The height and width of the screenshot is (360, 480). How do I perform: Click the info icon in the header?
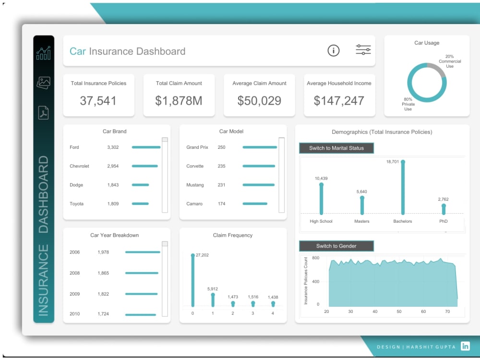click(x=334, y=50)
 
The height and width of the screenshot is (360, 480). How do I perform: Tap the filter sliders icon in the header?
click(x=363, y=50)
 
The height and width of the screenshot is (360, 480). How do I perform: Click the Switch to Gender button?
click(x=336, y=246)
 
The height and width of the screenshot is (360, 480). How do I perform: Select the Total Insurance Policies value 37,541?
click(x=98, y=101)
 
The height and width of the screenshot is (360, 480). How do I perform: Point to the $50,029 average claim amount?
click(x=259, y=101)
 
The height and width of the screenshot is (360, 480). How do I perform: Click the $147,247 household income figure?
click(x=339, y=101)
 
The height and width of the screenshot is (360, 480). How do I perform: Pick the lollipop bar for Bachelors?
click(x=403, y=188)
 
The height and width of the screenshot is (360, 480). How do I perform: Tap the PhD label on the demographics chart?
click(x=443, y=221)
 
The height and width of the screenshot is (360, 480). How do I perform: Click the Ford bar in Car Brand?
click(x=146, y=147)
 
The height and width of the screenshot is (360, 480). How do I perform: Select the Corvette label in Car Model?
click(x=195, y=166)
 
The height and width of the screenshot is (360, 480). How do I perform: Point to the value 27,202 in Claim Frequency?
click(x=202, y=255)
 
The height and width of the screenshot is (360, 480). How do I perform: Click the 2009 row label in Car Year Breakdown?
click(x=75, y=294)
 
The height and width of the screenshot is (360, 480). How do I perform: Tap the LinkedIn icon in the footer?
click(x=465, y=346)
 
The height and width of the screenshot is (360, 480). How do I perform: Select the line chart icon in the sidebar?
click(x=43, y=52)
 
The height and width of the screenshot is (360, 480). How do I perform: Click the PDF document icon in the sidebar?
click(x=43, y=112)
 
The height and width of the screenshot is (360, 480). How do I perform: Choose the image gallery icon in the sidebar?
click(x=43, y=83)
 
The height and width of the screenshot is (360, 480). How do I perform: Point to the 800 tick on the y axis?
click(x=315, y=258)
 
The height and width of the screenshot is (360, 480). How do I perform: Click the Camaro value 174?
click(x=221, y=204)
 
